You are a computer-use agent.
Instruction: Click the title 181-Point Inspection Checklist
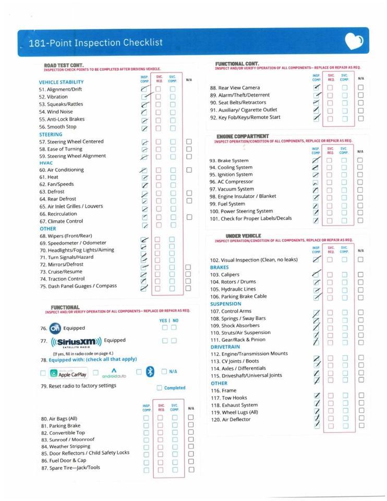click(95, 43)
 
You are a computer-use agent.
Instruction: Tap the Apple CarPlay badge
click(68, 373)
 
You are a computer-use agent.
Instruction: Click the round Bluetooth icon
click(150, 372)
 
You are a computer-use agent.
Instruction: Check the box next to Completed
click(160, 388)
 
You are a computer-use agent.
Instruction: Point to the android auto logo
click(114, 373)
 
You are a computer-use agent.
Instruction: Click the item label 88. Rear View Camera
click(235, 88)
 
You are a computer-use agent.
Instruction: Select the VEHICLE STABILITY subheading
click(61, 82)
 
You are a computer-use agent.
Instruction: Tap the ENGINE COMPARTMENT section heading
click(243, 136)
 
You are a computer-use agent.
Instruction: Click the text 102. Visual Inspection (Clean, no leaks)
click(253, 260)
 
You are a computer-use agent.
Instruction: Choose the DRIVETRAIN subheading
click(225, 347)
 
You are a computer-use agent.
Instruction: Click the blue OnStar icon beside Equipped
click(55, 328)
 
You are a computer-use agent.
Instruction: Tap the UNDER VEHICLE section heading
click(243, 236)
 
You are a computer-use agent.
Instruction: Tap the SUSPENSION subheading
click(226, 304)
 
